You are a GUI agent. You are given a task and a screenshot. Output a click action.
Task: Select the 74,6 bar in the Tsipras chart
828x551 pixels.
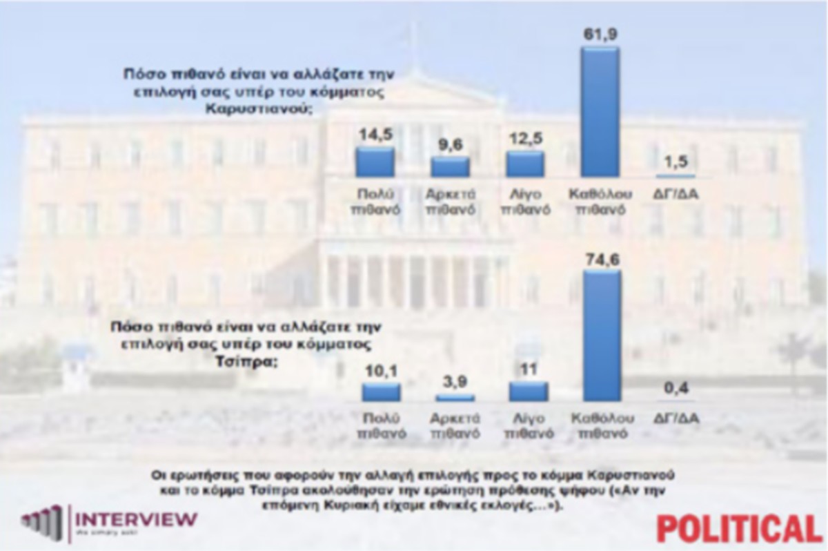click(602, 336)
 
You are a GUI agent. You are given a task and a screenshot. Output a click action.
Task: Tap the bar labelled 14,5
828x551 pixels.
click(375, 162)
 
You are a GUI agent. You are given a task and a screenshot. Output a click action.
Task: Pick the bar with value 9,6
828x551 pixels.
click(451, 166)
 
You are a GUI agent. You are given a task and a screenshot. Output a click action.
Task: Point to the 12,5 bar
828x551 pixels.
click(525, 164)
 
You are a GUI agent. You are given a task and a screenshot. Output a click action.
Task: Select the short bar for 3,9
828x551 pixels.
click(455, 398)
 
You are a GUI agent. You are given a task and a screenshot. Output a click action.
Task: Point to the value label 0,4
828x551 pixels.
click(679, 389)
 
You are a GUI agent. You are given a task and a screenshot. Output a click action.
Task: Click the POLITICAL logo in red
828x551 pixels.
click(740, 528)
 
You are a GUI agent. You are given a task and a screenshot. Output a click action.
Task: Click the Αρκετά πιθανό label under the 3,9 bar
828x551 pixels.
click(455, 426)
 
